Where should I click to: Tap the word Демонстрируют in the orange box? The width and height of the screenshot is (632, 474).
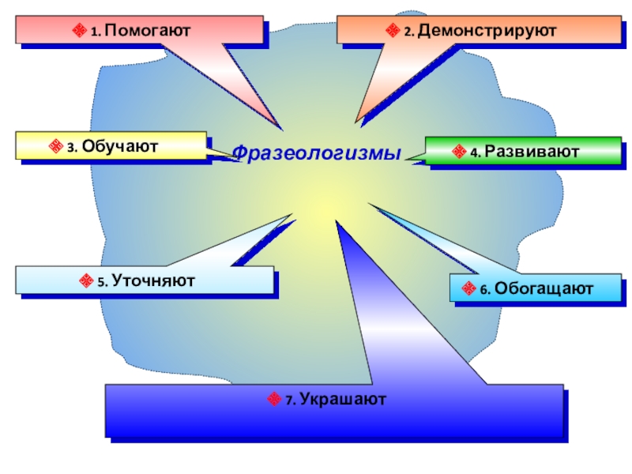[487, 32]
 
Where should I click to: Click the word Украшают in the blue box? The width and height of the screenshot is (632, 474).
[343, 400]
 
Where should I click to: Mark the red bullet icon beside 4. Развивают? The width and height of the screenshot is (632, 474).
[458, 151]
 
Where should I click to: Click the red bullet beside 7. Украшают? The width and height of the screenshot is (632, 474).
[274, 401]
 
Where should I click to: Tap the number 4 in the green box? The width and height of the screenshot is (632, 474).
[472, 152]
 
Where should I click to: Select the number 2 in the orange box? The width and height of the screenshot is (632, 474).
[407, 33]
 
